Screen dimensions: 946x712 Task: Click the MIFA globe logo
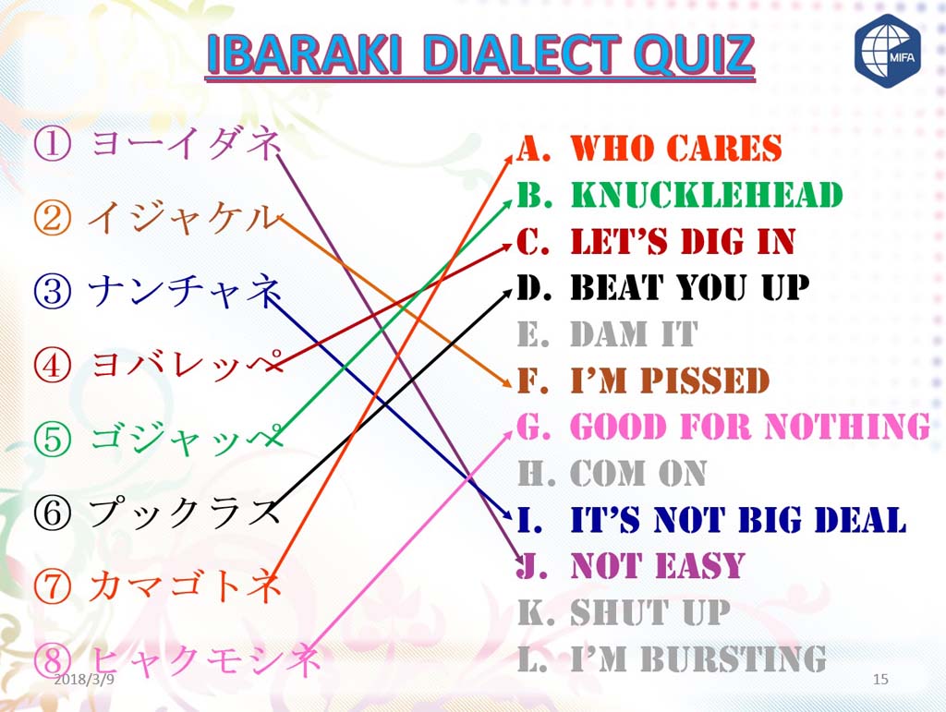tap(888, 51)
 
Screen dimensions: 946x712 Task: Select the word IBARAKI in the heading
tap(304, 54)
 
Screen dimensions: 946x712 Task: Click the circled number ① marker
tap(52, 144)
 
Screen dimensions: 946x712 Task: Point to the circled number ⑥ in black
tap(53, 513)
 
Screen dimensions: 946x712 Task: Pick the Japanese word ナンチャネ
tap(185, 291)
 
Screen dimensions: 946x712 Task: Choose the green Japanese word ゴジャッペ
tap(187, 439)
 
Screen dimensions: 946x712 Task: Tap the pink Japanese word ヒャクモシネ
tap(205, 659)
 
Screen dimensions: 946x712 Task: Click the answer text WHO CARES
tap(675, 148)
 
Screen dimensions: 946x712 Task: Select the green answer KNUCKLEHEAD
tap(707, 194)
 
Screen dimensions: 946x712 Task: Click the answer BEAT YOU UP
tap(689, 287)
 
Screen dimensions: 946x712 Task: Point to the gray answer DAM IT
tap(634, 334)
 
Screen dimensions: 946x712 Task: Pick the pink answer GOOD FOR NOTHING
tap(750, 427)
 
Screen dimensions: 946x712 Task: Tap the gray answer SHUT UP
tap(650, 612)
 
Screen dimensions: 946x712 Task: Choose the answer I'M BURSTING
tap(698, 658)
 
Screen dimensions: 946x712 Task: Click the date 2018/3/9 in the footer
tap(84, 680)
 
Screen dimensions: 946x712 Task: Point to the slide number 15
tap(880, 680)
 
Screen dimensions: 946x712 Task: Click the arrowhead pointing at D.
tap(507, 294)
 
